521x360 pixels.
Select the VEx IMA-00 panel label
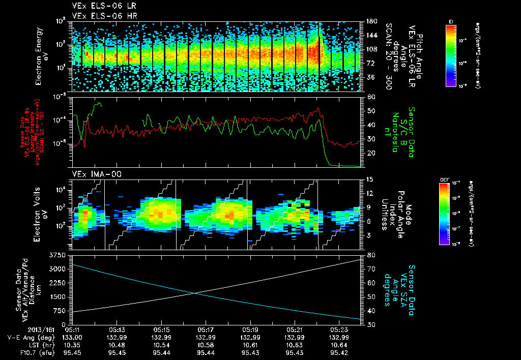[x=93, y=174]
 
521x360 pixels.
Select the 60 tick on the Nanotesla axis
[x=370, y=97]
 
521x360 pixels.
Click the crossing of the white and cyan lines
[x=194, y=292]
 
